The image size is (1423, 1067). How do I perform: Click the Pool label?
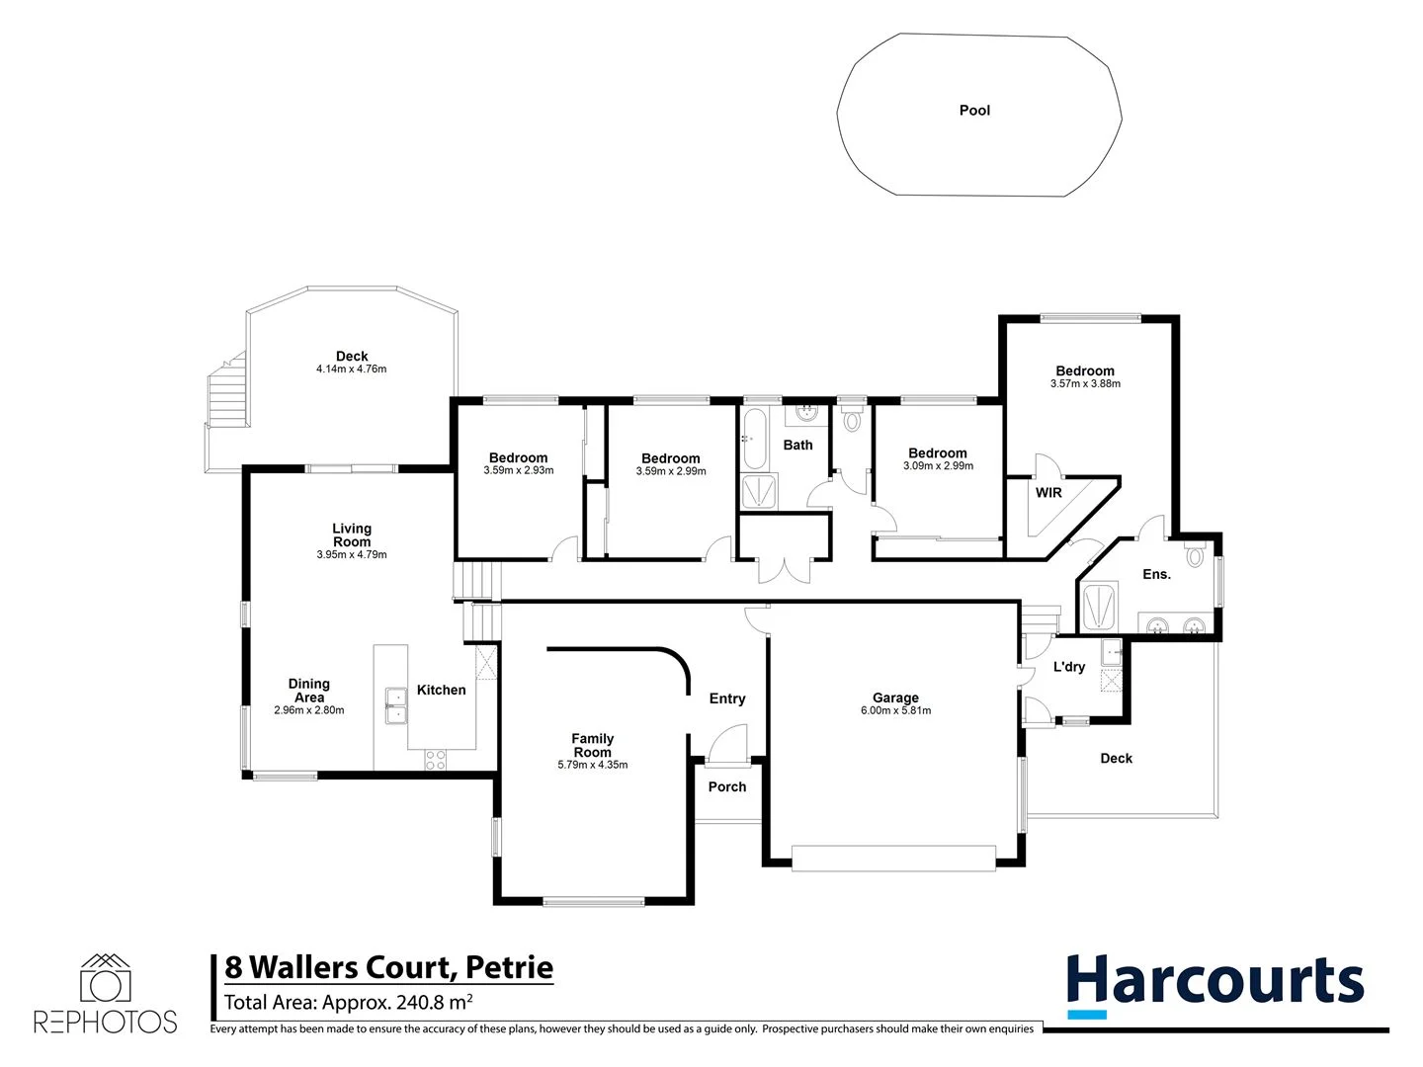(x=974, y=111)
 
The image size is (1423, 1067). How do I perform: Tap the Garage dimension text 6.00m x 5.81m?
(x=895, y=711)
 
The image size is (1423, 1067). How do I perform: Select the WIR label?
(x=1048, y=493)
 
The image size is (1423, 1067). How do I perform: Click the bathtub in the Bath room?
(x=753, y=439)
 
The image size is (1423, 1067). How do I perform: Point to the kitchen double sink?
(x=396, y=705)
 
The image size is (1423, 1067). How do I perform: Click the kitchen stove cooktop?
(x=435, y=760)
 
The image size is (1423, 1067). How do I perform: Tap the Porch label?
(x=727, y=787)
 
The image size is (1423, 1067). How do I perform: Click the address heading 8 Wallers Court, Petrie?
(x=388, y=967)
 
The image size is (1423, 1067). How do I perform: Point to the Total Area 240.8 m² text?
(x=348, y=1003)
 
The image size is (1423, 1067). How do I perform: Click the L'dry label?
(x=1069, y=667)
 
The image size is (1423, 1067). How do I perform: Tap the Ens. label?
(x=1156, y=574)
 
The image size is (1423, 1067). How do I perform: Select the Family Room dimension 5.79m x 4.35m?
(x=593, y=765)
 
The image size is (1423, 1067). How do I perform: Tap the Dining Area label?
(x=308, y=690)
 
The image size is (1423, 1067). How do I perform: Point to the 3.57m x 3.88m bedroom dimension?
(x=1085, y=384)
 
